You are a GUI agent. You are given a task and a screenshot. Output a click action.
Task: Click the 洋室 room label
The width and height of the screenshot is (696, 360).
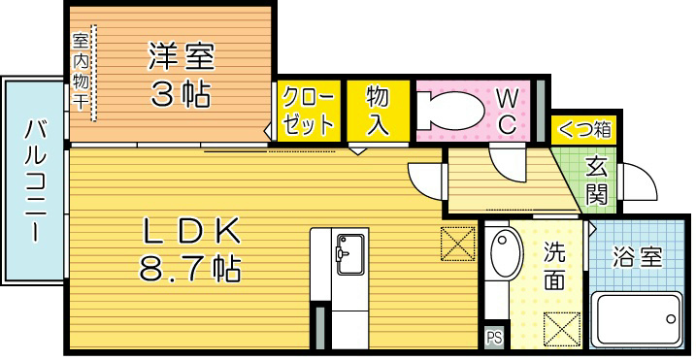180,56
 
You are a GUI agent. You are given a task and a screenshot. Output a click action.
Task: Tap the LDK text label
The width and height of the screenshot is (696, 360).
191,232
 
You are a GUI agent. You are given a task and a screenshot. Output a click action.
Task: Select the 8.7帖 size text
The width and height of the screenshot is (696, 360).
191,269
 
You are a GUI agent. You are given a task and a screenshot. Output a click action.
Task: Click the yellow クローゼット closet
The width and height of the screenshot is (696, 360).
308,113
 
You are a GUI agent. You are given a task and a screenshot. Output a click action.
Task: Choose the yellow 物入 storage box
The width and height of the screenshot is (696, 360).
377,113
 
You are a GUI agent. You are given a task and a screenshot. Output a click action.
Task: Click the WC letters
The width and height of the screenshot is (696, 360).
507,111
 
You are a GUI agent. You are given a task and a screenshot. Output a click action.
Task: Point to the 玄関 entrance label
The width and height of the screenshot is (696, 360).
599,181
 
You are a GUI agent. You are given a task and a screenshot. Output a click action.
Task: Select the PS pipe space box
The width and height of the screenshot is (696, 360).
495,337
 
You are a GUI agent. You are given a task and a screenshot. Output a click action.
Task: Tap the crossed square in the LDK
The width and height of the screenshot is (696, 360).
453,243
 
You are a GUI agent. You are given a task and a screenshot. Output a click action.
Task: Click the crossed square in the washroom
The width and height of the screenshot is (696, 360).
562,327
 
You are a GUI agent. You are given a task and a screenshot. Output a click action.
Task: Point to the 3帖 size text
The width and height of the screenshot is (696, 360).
180,95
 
